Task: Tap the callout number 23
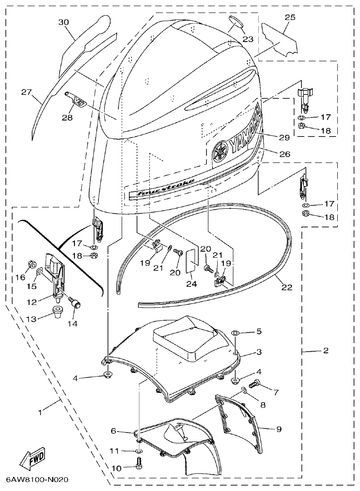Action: (x=248, y=39)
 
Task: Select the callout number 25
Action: (x=290, y=17)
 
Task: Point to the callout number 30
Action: (x=64, y=22)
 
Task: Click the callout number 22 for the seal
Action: (x=286, y=287)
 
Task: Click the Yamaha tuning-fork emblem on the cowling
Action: (x=220, y=151)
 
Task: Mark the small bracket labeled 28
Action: (x=77, y=100)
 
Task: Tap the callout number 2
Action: (x=326, y=351)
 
